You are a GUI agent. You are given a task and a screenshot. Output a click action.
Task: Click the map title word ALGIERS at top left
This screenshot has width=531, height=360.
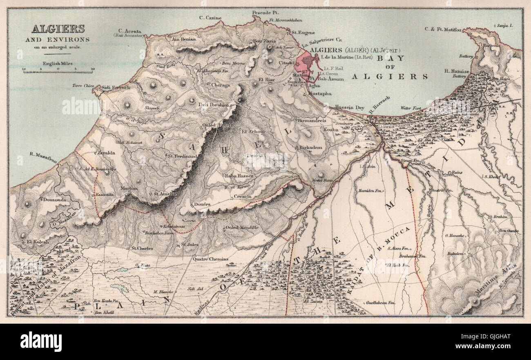pos(58,29)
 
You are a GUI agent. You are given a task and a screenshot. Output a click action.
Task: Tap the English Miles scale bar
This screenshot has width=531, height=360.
pos(58,71)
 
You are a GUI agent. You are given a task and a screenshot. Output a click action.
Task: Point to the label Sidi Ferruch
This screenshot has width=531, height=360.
pos(116,87)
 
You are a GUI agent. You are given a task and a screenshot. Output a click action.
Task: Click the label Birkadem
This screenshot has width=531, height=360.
pos(311,147)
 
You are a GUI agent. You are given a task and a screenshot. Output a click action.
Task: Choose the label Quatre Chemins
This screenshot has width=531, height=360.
pos(211,259)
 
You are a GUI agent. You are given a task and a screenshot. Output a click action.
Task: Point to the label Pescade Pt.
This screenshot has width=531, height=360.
pos(262,13)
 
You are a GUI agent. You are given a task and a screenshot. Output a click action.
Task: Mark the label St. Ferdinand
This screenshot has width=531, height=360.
pos(183,156)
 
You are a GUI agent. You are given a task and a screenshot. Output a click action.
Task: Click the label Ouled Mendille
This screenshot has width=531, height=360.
pos(242,227)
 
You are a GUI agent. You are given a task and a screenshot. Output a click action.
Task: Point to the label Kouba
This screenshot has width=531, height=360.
pos(331,129)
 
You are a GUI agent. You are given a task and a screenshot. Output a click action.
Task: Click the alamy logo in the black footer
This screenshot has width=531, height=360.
pos(41,341)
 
